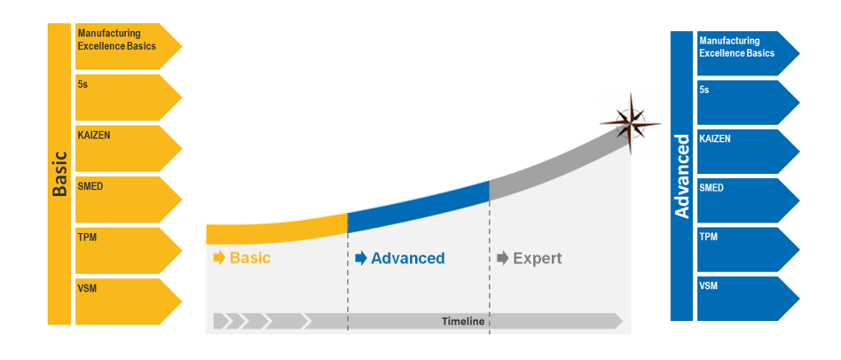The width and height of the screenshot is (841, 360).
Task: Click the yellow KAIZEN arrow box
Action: point(129,148)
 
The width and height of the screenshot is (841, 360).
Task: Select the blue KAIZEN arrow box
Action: point(748,152)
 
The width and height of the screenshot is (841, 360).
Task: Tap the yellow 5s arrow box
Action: point(129,98)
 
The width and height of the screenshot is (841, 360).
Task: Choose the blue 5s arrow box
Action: point(748,102)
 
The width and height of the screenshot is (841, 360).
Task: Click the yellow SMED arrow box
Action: point(129,200)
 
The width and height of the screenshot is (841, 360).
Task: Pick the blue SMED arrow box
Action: point(748,200)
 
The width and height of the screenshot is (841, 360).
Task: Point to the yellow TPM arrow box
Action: point(129,250)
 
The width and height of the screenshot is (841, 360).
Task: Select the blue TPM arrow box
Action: point(748,250)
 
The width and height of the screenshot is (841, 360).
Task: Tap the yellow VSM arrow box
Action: point(129,301)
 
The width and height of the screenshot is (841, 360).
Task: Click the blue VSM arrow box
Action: point(748,299)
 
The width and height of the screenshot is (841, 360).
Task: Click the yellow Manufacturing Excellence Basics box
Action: point(129,46)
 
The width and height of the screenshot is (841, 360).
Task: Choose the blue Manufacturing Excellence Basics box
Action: point(748,53)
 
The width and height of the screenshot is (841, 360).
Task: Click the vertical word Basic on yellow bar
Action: point(59,174)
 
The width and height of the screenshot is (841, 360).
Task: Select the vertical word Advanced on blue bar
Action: point(681,176)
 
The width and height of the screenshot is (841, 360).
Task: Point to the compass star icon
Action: point(631,124)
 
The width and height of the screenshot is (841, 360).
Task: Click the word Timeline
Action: point(463,321)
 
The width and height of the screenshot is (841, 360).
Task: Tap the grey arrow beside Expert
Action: point(503,258)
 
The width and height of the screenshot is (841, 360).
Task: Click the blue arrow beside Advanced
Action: point(361,258)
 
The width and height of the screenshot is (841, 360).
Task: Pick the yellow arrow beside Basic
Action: point(219,258)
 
